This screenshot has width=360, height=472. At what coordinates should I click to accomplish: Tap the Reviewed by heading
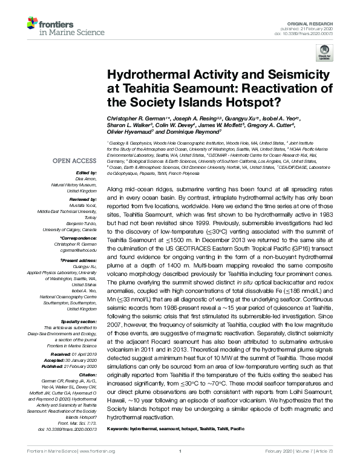(x=74, y=199)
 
